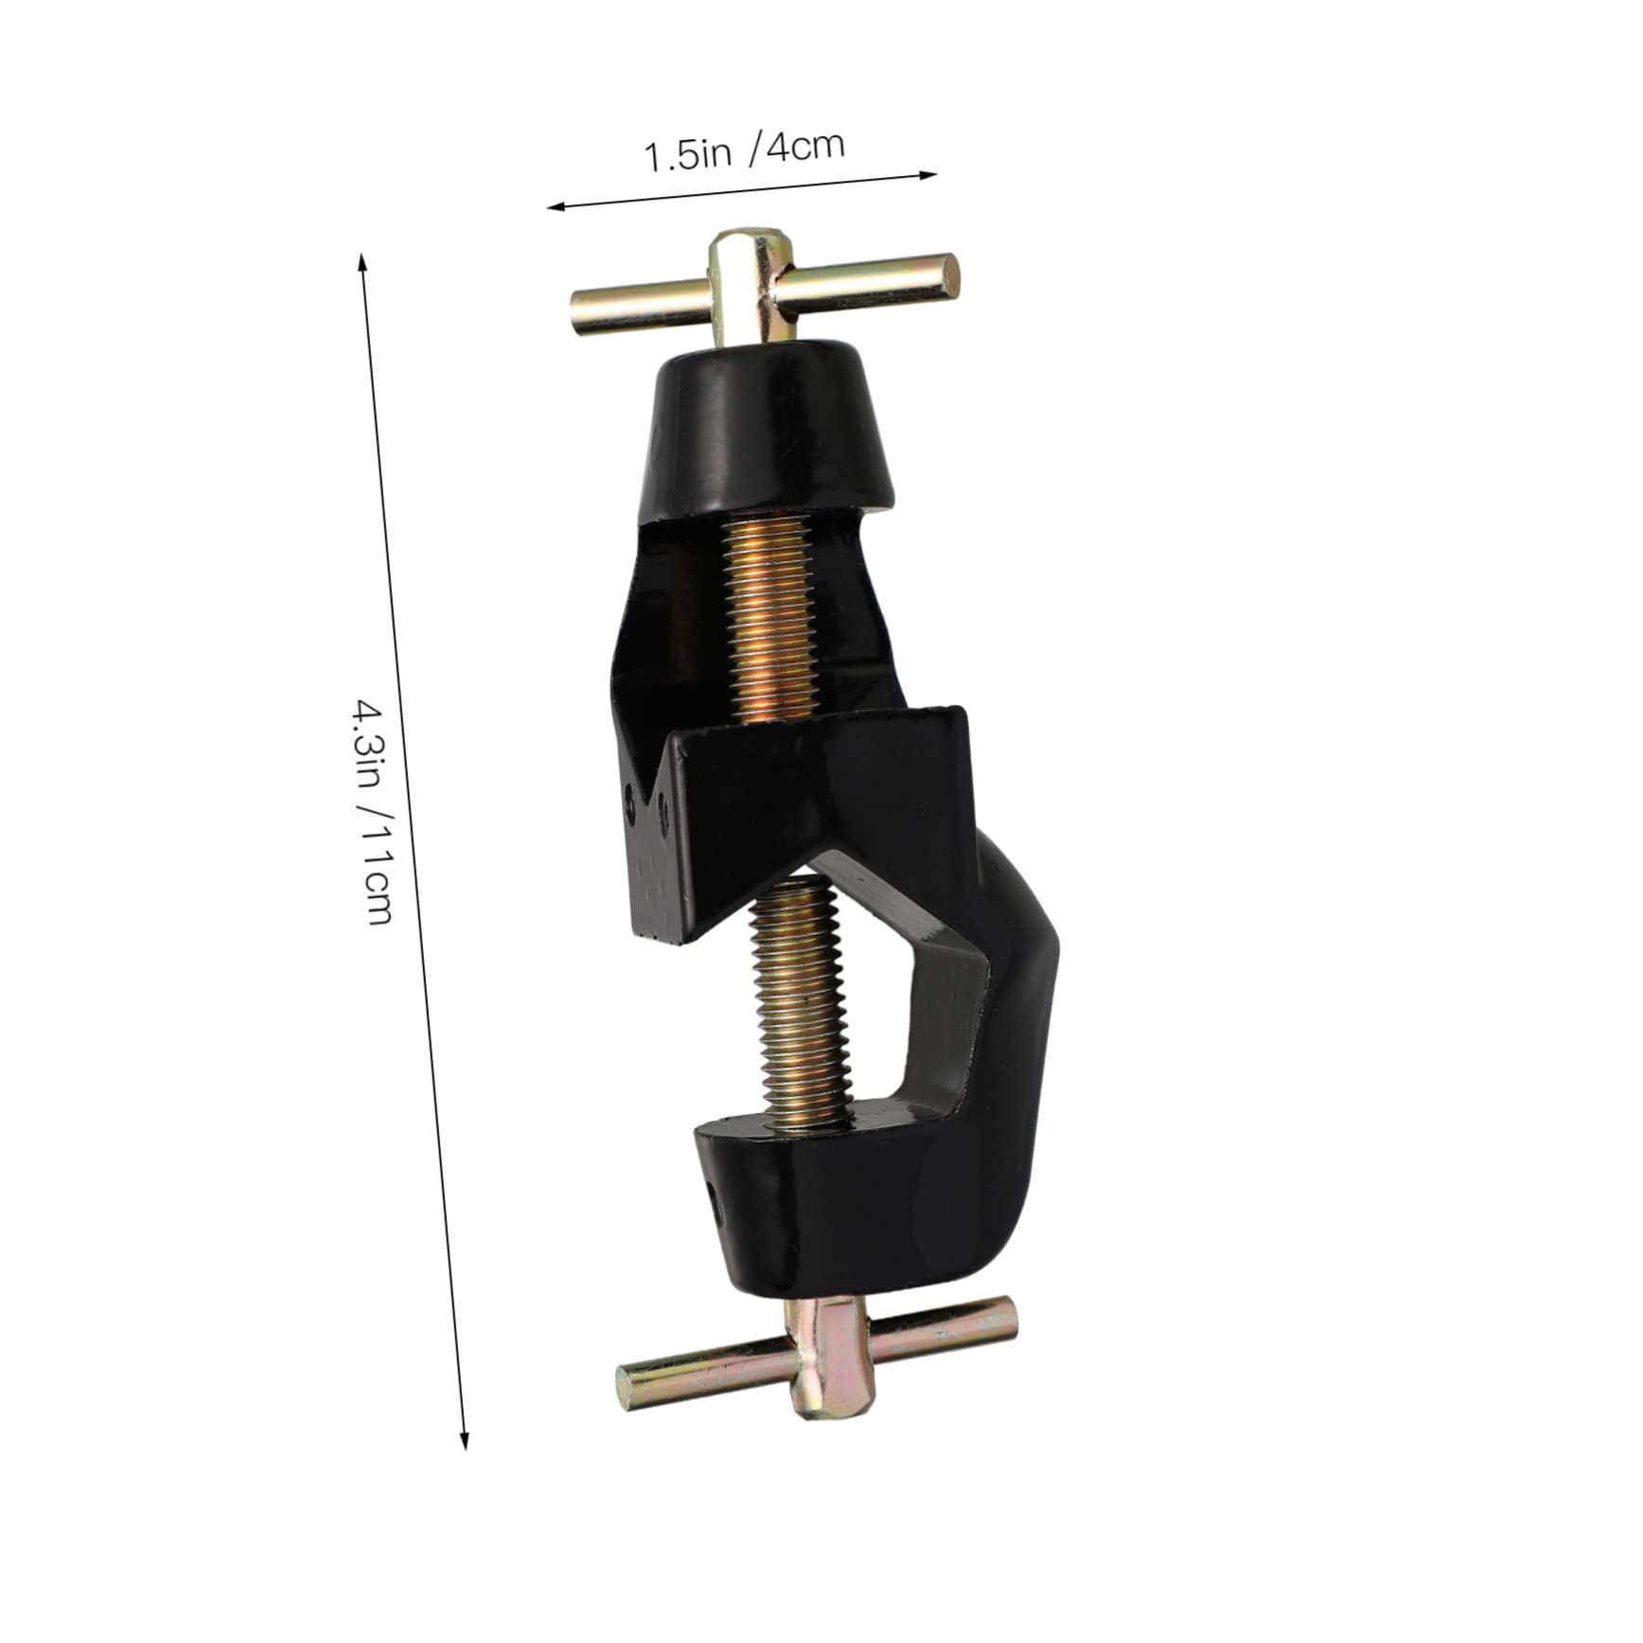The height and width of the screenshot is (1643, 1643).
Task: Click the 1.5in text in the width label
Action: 688,154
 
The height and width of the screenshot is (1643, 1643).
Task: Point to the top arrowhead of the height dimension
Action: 361,256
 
